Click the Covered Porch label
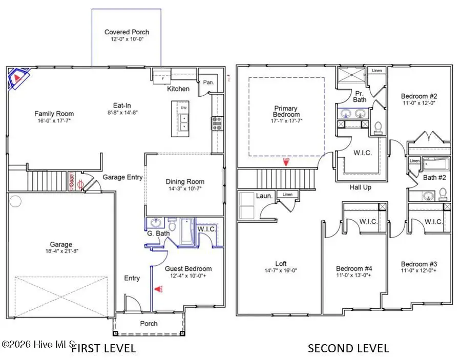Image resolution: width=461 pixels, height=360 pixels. click(127, 32)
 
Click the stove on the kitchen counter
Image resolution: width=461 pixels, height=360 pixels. click(217, 122)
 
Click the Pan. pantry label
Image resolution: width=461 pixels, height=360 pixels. click(208, 82)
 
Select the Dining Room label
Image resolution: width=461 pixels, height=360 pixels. click(185, 181)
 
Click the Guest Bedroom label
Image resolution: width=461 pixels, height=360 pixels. click(188, 268)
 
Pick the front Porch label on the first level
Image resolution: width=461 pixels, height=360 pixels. click(149, 323)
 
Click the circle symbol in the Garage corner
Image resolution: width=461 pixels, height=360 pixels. click(16, 200)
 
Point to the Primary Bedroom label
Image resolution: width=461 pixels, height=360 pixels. click(286, 111)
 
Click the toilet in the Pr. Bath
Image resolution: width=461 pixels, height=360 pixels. click(379, 127)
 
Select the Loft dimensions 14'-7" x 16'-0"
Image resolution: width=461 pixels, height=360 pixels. click(281, 270)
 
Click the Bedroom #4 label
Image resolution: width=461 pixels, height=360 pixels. click(353, 268)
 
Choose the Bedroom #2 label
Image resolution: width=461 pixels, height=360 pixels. click(418, 96)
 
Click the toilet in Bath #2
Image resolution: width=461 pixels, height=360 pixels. click(444, 194)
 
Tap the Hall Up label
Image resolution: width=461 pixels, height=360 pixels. click(361, 187)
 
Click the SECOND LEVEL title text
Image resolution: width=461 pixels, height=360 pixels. click(348, 349)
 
